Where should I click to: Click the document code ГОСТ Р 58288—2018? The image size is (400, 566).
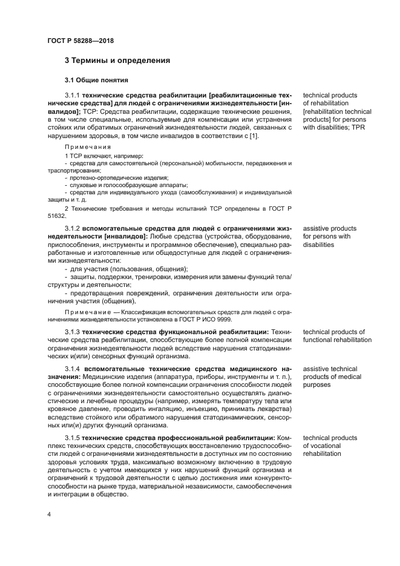coord(80,41)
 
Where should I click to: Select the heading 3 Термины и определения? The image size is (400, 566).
coord(117,61)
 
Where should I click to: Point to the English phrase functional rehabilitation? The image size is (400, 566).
coord(337,340)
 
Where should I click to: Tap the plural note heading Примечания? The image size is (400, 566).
coord(88,147)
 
